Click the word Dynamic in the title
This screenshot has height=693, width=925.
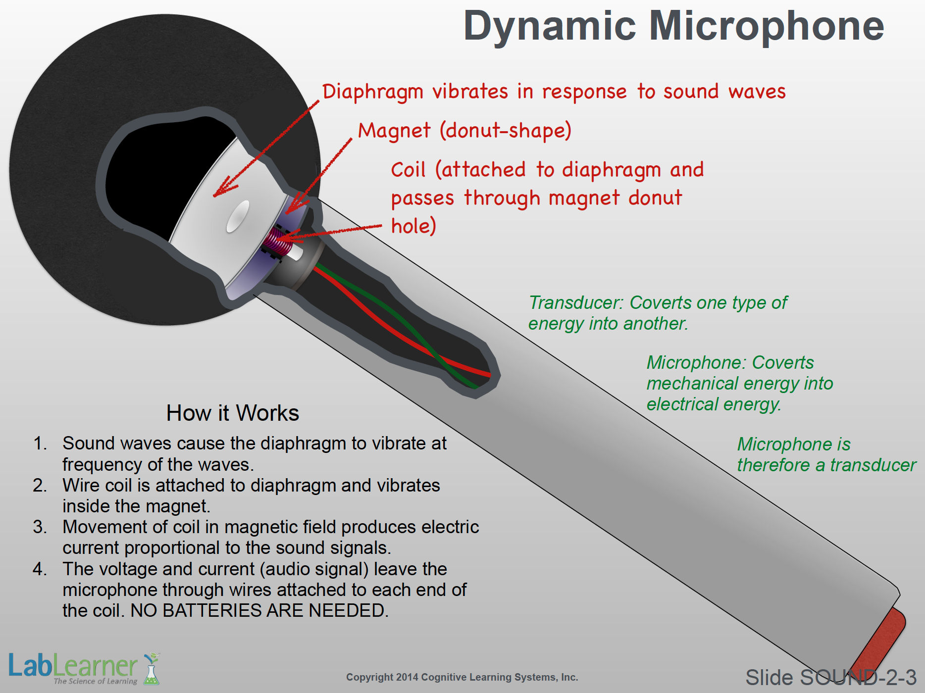coord(550,27)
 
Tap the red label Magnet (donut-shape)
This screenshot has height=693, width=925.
coord(464,131)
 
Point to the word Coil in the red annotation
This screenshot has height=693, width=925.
coord(408,170)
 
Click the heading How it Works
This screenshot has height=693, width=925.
coord(233,413)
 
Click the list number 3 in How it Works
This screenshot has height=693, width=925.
coord(40,527)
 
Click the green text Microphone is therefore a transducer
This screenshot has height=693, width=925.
coord(826,454)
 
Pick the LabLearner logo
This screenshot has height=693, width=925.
coord(84,668)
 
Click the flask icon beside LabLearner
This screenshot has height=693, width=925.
coord(152,669)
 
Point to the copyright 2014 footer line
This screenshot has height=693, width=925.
coord(462,677)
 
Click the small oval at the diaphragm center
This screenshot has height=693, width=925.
coord(238,216)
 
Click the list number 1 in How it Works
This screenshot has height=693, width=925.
coord(40,444)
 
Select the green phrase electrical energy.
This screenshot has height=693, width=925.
coord(714,404)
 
